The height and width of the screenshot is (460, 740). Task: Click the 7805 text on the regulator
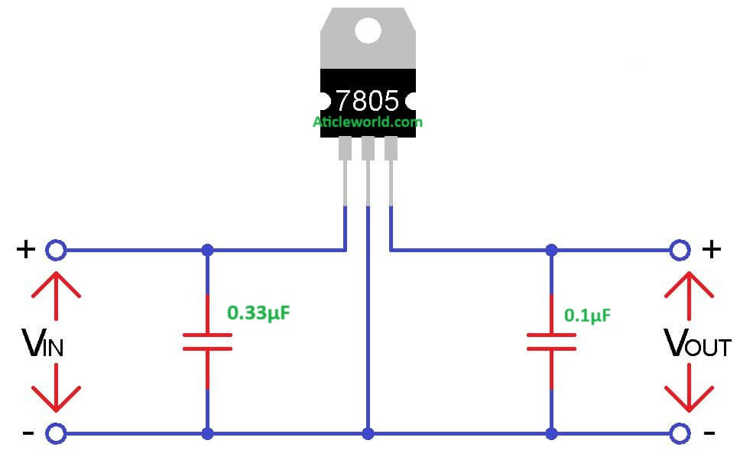coord(367,100)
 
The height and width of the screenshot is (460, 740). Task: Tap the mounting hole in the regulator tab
coord(368,30)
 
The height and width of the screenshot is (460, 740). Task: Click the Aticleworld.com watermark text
coord(367,121)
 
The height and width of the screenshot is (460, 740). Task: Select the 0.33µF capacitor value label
coord(258,313)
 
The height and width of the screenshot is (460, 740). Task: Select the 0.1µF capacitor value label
coord(588,314)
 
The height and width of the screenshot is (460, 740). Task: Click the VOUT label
coord(697,345)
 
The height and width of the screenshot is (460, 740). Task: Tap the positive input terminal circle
coord(55,249)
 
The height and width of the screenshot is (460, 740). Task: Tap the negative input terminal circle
coord(55,434)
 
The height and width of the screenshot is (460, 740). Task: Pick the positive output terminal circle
coord(678,249)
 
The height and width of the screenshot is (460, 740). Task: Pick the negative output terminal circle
coord(678,434)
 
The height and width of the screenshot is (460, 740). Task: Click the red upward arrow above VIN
coord(55,294)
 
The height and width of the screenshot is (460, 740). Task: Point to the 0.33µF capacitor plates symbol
coord(207,342)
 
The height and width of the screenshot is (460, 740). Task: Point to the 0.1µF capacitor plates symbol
coord(551,342)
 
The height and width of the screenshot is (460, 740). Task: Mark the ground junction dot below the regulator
coord(368,434)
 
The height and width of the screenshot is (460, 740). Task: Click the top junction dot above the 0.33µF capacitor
coord(207,250)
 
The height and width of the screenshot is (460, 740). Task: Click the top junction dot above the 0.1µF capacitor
coord(551,250)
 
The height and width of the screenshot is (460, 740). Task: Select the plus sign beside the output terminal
coord(711,249)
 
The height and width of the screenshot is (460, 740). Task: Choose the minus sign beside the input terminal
coord(28,434)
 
